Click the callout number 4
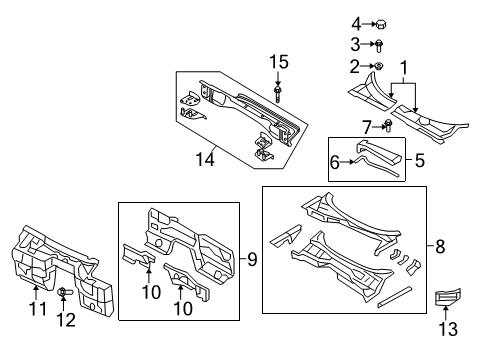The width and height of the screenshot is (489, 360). click(356, 24)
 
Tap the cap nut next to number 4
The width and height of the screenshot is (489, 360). click(381, 24)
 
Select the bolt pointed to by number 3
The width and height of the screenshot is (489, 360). click(379, 45)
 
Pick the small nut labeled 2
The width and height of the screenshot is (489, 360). click(378, 66)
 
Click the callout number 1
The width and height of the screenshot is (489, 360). click(404, 68)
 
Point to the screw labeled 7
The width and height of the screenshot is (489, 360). click(388, 125)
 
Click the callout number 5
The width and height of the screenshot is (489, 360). click(420, 160)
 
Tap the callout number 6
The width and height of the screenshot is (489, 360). click(334, 162)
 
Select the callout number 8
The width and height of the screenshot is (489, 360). click(440, 247)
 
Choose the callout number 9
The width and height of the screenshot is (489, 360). click(252, 259)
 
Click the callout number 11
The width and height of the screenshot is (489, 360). click(38, 309)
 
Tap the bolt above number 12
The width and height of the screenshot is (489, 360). click(64, 292)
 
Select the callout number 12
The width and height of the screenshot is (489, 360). click(66, 320)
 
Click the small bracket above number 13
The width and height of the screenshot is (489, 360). click(448, 296)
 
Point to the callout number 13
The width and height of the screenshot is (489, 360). click(448, 329)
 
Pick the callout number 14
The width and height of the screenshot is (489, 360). click(205, 159)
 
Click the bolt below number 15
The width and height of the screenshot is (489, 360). click(278, 94)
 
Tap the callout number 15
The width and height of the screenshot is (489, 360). click(279, 62)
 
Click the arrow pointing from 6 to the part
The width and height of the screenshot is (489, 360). click(347, 162)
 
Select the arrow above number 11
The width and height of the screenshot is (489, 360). click(35, 293)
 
